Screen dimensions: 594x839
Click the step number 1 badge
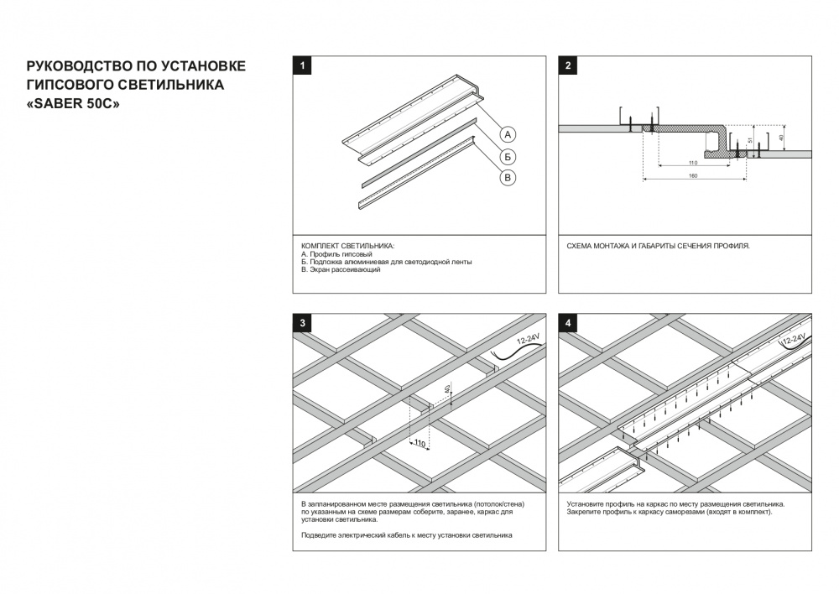pyautogui.click(x=301, y=65)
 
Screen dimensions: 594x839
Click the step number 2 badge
pyautogui.click(x=568, y=65)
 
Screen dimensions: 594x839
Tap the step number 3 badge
pyautogui.click(x=301, y=323)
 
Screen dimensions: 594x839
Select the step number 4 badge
pyautogui.click(x=568, y=323)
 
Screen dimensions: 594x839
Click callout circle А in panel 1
pyautogui.click(x=509, y=134)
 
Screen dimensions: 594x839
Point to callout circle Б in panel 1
pyautogui.click(x=509, y=156)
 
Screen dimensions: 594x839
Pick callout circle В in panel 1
pyautogui.click(x=509, y=177)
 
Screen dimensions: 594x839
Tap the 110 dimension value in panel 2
pyautogui.click(x=692, y=162)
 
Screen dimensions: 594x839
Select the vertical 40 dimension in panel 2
pyautogui.click(x=781, y=137)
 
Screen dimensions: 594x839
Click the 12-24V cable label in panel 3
pyautogui.click(x=528, y=341)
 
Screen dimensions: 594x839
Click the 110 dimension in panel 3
pyautogui.click(x=419, y=444)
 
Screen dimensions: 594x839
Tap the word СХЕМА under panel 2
pyautogui.click(x=581, y=246)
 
